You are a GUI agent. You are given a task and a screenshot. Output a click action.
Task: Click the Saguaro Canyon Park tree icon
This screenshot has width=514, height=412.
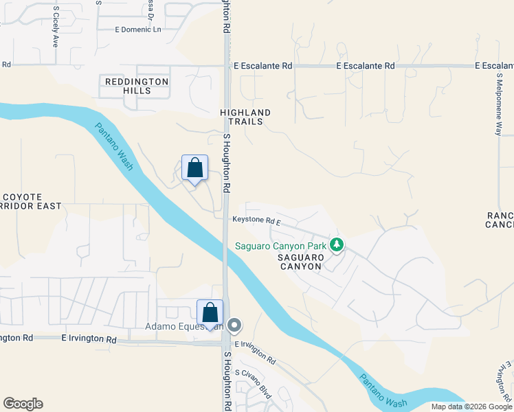click(337, 244)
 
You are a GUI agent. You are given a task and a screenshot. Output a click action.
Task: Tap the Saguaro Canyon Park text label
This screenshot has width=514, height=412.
click(281, 246)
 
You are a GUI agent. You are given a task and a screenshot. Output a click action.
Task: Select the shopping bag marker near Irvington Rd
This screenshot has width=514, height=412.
click(210, 312)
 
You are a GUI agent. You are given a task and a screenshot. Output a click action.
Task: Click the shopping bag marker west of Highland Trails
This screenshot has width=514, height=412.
click(195, 168)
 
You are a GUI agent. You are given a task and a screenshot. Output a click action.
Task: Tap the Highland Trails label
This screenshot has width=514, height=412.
click(245, 117)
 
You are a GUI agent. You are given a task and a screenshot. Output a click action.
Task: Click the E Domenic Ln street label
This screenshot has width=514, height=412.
click(137, 30)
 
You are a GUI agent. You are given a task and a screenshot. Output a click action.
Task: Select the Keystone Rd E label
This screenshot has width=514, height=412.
click(256, 221)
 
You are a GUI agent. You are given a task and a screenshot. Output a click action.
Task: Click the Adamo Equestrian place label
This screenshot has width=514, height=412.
click(184, 326)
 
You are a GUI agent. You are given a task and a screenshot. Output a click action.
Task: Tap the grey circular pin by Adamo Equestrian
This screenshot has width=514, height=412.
click(234, 325)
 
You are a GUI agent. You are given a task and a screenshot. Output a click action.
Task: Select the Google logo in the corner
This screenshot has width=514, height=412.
click(23, 404)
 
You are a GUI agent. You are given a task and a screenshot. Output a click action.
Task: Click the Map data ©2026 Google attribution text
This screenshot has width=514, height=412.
click(472, 407)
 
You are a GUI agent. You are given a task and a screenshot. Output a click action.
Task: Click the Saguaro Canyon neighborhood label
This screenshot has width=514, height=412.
click(300, 262)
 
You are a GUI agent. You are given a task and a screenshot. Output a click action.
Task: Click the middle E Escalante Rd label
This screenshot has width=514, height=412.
click(366, 66)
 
